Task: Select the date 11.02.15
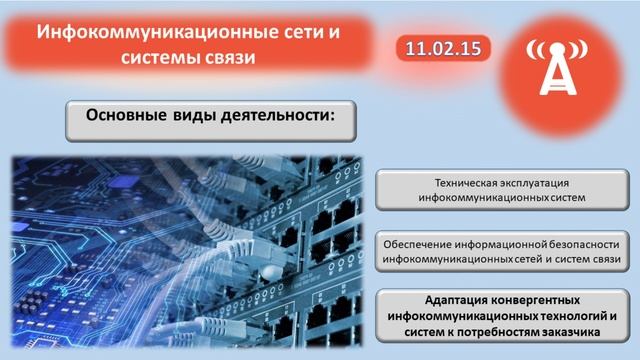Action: point(439,47)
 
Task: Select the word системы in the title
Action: point(164,58)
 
